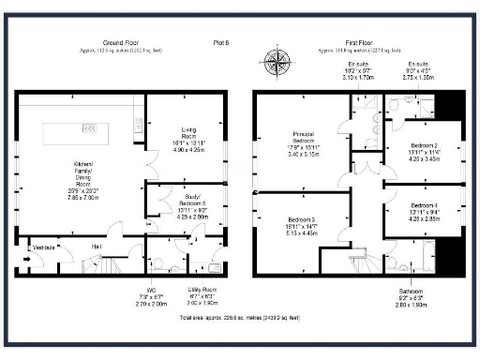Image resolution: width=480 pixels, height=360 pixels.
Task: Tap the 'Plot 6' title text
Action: click(222, 43)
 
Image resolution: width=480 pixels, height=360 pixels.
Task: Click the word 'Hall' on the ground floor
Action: click(97, 246)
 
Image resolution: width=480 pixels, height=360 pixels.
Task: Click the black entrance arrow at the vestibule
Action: click(27, 248)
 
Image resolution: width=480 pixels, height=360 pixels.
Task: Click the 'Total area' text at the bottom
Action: click(240, 318)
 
